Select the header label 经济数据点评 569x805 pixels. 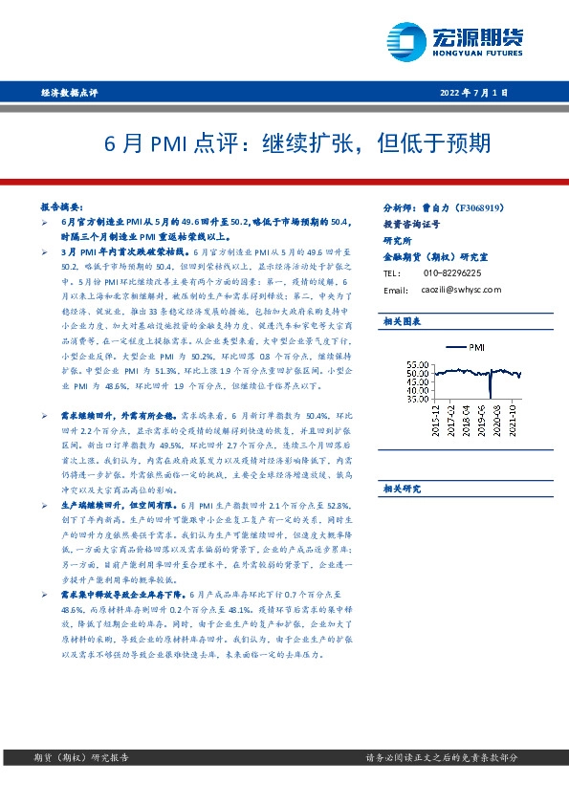tap(70, 93)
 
